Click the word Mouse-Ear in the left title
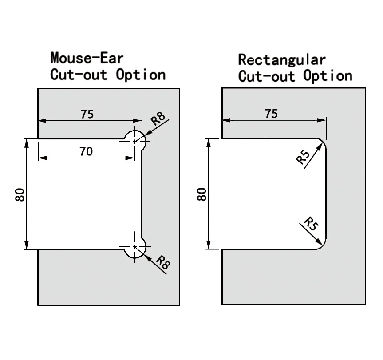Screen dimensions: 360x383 87,58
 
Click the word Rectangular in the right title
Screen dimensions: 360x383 282,59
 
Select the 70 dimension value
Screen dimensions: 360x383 86,152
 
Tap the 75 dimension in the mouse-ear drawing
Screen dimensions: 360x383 87,114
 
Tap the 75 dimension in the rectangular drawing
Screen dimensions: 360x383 271,114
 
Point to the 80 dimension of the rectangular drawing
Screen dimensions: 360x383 202,194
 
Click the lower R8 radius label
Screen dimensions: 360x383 162,264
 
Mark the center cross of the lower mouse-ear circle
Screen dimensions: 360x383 135,247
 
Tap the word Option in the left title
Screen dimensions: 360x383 141,74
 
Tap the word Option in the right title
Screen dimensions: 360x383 328,75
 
